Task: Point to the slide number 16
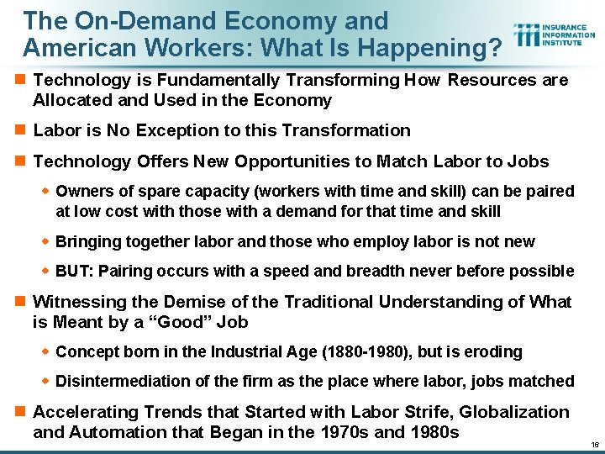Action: click(593, 443)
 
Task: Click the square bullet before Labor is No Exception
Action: click(19, 131)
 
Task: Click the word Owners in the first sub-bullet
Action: click(82, 191)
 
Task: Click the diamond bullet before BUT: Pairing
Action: click(47, 272)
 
